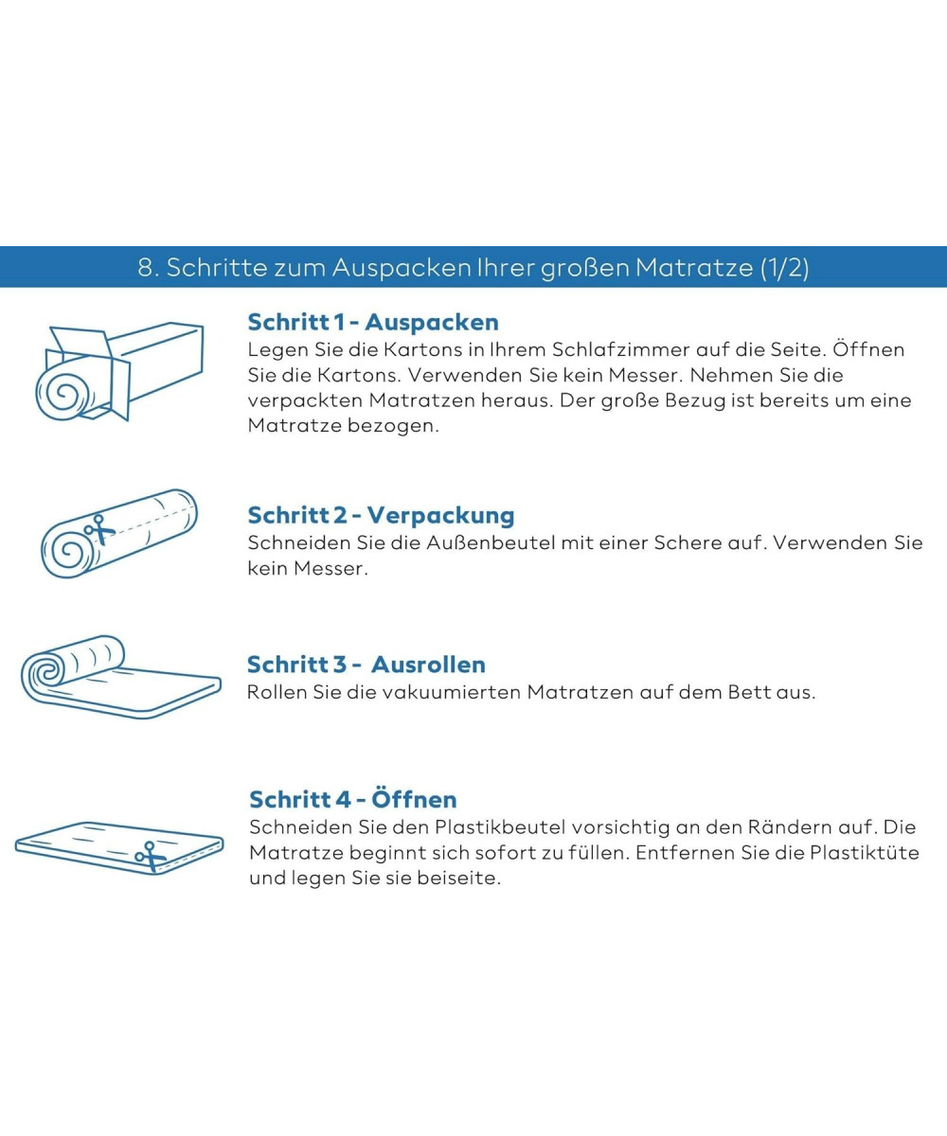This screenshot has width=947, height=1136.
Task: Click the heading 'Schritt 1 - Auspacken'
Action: point(373,322)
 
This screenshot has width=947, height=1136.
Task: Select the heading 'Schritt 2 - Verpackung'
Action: point(381,515)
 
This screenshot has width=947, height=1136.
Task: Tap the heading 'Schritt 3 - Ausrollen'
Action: point(366,665)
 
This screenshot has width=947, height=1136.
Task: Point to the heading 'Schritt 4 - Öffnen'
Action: point(353,799)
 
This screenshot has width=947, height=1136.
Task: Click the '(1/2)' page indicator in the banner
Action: point(784,267)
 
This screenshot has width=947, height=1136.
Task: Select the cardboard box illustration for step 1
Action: point(119,372)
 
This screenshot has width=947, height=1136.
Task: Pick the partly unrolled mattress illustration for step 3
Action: point(121,676)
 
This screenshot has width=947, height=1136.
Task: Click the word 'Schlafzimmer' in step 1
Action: point(620,349)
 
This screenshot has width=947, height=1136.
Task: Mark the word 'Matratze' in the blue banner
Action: point(694,267)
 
